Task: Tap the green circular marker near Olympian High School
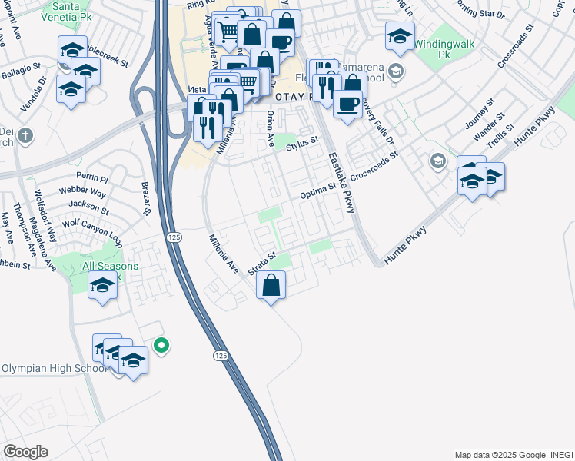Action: (x=161, y=346)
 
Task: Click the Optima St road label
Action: (x=318, y=190)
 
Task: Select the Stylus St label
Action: (x=302, y=143)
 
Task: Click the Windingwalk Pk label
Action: (x=440, y=45)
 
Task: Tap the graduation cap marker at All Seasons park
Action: (x=103, y=286)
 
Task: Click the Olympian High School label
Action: (x=54, y=369)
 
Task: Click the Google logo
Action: (x=25, y=452)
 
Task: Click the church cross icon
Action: (x=25, y=136)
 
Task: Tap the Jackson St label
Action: (x=88, y=206)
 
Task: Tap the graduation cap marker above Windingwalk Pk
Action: (x=401, y=36)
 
